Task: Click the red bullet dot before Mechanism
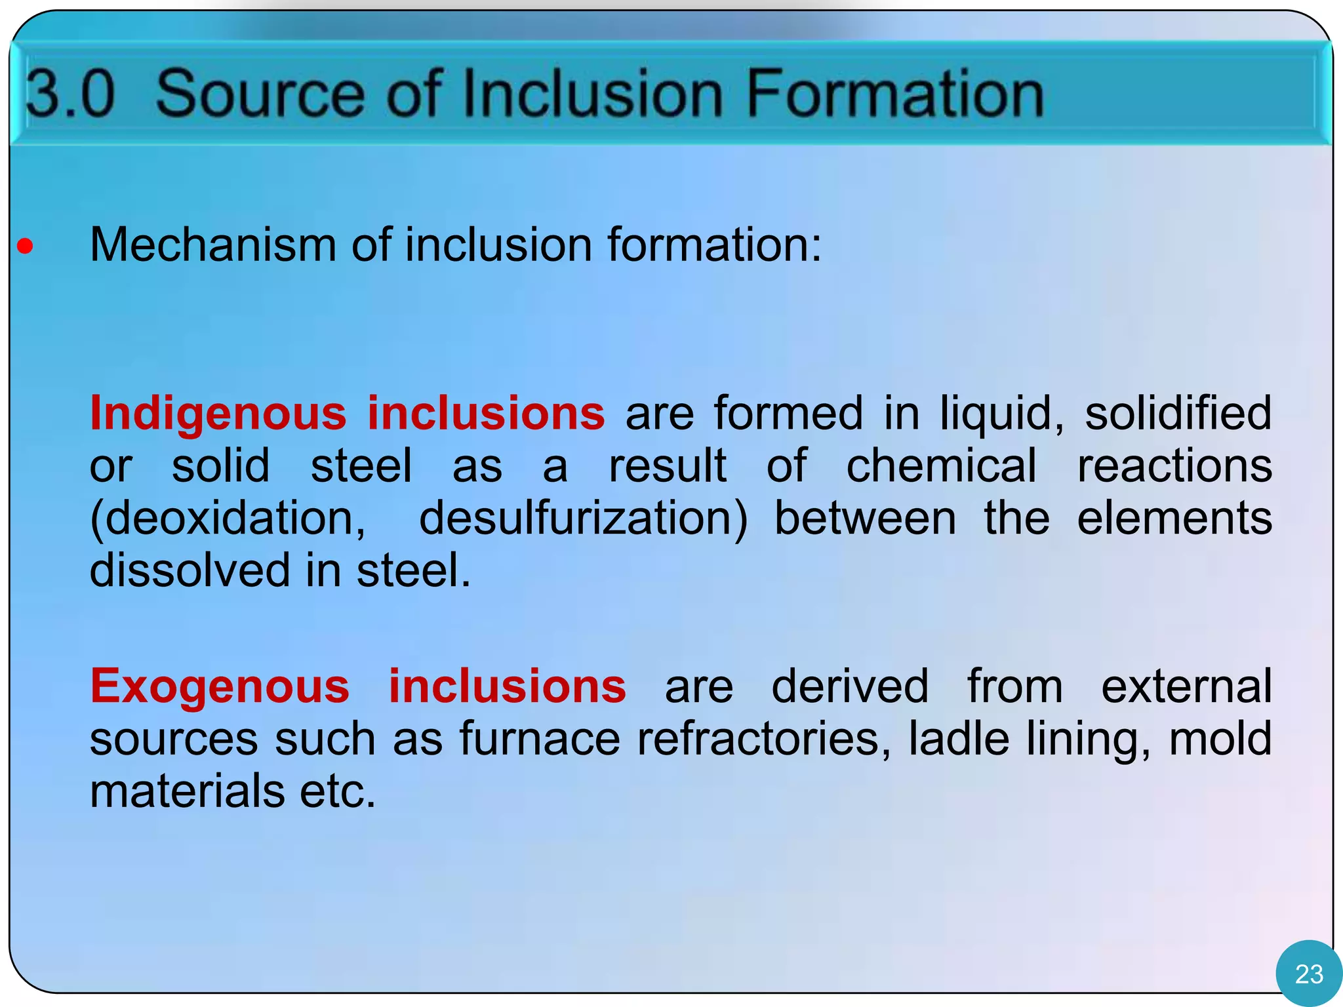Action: (25, 247)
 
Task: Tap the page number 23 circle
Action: (1309, 974)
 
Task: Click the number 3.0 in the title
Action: (71, 94)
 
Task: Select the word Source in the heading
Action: (260, 94)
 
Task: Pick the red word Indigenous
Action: (218, 414)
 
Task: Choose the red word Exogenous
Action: (220, 686)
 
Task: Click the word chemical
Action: (942, 466)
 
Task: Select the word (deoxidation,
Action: (228, 519)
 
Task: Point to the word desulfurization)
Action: (583, 519)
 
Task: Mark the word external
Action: (1186, 686)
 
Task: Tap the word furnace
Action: (539, 739)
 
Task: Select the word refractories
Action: (765, 739)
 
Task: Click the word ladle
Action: (958, 739)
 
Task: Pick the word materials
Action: (187, 791)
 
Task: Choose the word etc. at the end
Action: (338, 791)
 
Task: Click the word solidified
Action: (1178, 414)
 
